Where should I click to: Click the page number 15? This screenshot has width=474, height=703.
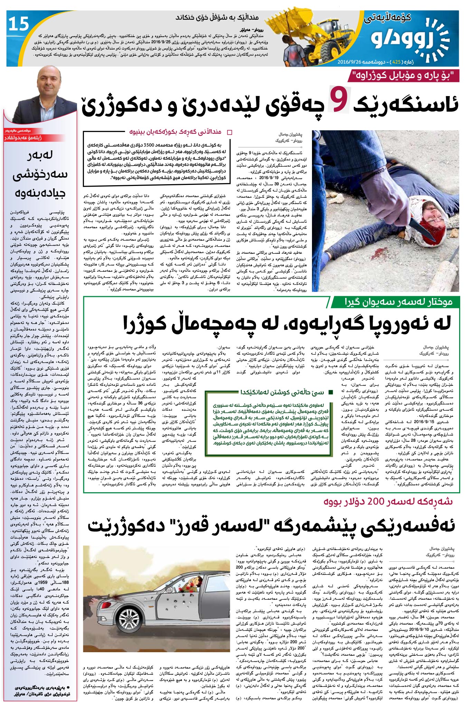tap(19, 24)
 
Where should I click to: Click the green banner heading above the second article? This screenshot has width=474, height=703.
tap(394, 302)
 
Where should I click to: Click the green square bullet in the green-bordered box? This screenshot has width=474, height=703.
tap(331, 392)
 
